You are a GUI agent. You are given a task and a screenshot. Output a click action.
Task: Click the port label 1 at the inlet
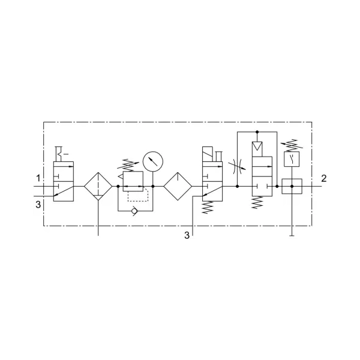tap(38, 178)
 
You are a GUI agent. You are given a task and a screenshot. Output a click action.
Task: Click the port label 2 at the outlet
tap(324, 178)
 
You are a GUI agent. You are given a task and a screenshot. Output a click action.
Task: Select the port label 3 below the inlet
tap(38, 205)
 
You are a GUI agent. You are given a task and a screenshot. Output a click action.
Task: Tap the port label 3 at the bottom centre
tap(187, 235)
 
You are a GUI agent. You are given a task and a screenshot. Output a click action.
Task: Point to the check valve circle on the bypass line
tap(134, 211)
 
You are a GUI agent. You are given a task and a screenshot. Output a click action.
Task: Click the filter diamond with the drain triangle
tap(98, 186)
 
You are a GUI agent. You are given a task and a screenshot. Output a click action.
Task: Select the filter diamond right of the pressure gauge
tap(178, 186)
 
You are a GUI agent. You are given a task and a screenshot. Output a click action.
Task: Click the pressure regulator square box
tap(133, 181)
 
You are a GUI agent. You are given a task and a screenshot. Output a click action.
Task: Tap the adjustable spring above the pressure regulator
tap(128, 165)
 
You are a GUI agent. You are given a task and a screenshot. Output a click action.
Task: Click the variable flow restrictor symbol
tap(238, 166)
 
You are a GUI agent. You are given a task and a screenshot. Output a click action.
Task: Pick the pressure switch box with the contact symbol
tap(292, 159)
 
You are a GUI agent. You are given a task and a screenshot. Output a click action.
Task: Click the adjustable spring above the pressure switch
tap(292, 145)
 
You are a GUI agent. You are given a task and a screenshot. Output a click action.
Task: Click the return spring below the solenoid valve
tap(208, 208)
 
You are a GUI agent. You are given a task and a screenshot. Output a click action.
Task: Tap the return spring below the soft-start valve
tap(257, 202)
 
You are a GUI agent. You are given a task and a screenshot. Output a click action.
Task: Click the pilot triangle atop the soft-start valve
tap(257, 146)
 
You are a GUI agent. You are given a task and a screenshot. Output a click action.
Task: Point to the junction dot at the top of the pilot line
tap(257, 132)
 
